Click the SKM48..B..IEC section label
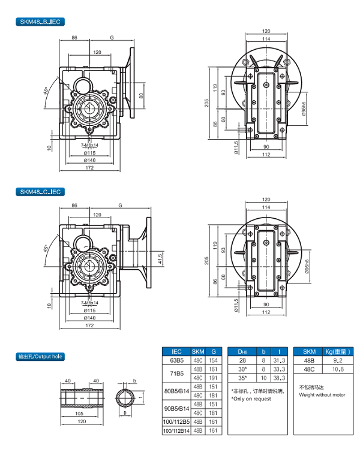40,22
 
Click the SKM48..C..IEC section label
40,192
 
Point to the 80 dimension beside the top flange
142,96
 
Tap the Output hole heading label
40,356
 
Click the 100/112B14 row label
176,430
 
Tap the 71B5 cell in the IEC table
176,375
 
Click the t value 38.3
278,379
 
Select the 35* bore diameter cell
242,379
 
